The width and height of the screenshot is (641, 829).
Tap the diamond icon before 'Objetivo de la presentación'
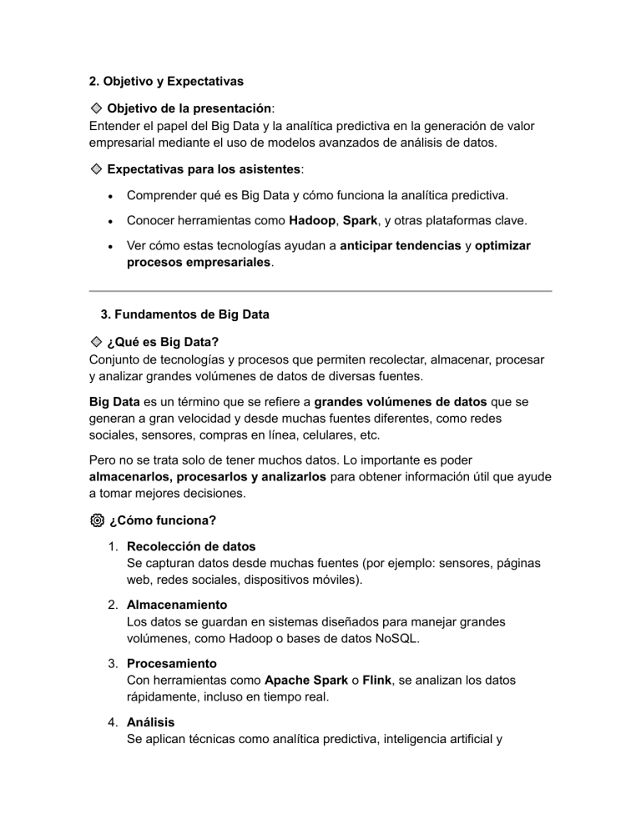tap(96, 108)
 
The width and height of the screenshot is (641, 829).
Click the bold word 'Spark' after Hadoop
tap(361, 221)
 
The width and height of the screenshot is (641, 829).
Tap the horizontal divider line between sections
tap(320, 291)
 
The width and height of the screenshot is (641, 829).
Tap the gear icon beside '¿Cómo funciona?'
tap(96, 520)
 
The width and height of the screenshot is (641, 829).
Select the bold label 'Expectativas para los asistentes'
tap(204, 168)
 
